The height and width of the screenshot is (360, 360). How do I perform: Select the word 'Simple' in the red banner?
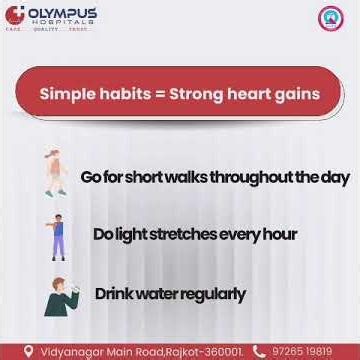(66, 95)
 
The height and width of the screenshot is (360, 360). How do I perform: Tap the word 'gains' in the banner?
(298, 95)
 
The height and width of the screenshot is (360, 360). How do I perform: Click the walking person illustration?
(54, 174)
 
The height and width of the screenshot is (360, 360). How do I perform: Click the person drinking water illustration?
(58, 296)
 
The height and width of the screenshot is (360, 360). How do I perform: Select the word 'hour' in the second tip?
(277, 235)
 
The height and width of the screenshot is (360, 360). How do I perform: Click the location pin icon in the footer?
(28, 351)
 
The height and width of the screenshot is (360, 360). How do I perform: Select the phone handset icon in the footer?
(260, 351)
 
